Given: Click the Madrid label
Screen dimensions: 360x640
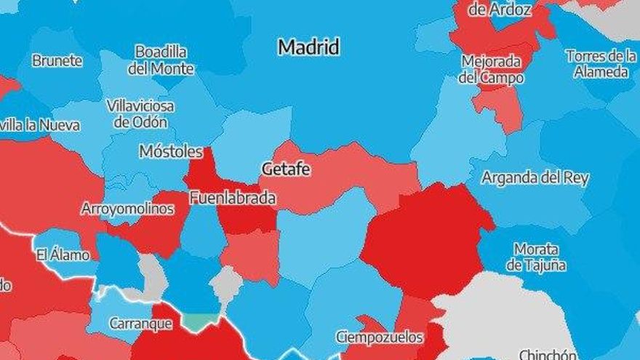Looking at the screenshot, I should [309, 48].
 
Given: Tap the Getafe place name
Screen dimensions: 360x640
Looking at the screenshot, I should [286, 169].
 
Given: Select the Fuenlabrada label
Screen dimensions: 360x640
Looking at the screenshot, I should [232, 198].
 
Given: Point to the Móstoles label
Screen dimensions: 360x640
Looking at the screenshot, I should [171, 152].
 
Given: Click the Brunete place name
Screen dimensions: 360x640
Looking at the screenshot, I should [57, 61].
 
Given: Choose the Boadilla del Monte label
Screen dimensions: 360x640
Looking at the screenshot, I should [161, 60].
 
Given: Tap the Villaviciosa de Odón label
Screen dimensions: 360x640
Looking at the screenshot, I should [140, 113].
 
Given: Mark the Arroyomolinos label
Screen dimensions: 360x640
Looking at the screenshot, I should [127, 209].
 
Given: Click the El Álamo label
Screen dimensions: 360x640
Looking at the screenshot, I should [63, 255].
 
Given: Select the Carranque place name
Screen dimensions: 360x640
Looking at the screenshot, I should [140, 324].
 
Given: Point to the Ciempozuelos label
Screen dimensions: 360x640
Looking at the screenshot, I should [379, 337].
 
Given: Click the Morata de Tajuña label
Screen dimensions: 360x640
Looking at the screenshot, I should [536, 257].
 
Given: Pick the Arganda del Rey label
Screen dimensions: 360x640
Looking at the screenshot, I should [535, 178].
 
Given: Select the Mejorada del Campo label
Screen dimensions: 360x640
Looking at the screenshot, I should [491, 70].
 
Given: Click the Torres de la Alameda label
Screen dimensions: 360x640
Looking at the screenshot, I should [601, 63].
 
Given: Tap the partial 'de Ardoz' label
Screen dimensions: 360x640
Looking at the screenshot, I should [500, 10].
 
